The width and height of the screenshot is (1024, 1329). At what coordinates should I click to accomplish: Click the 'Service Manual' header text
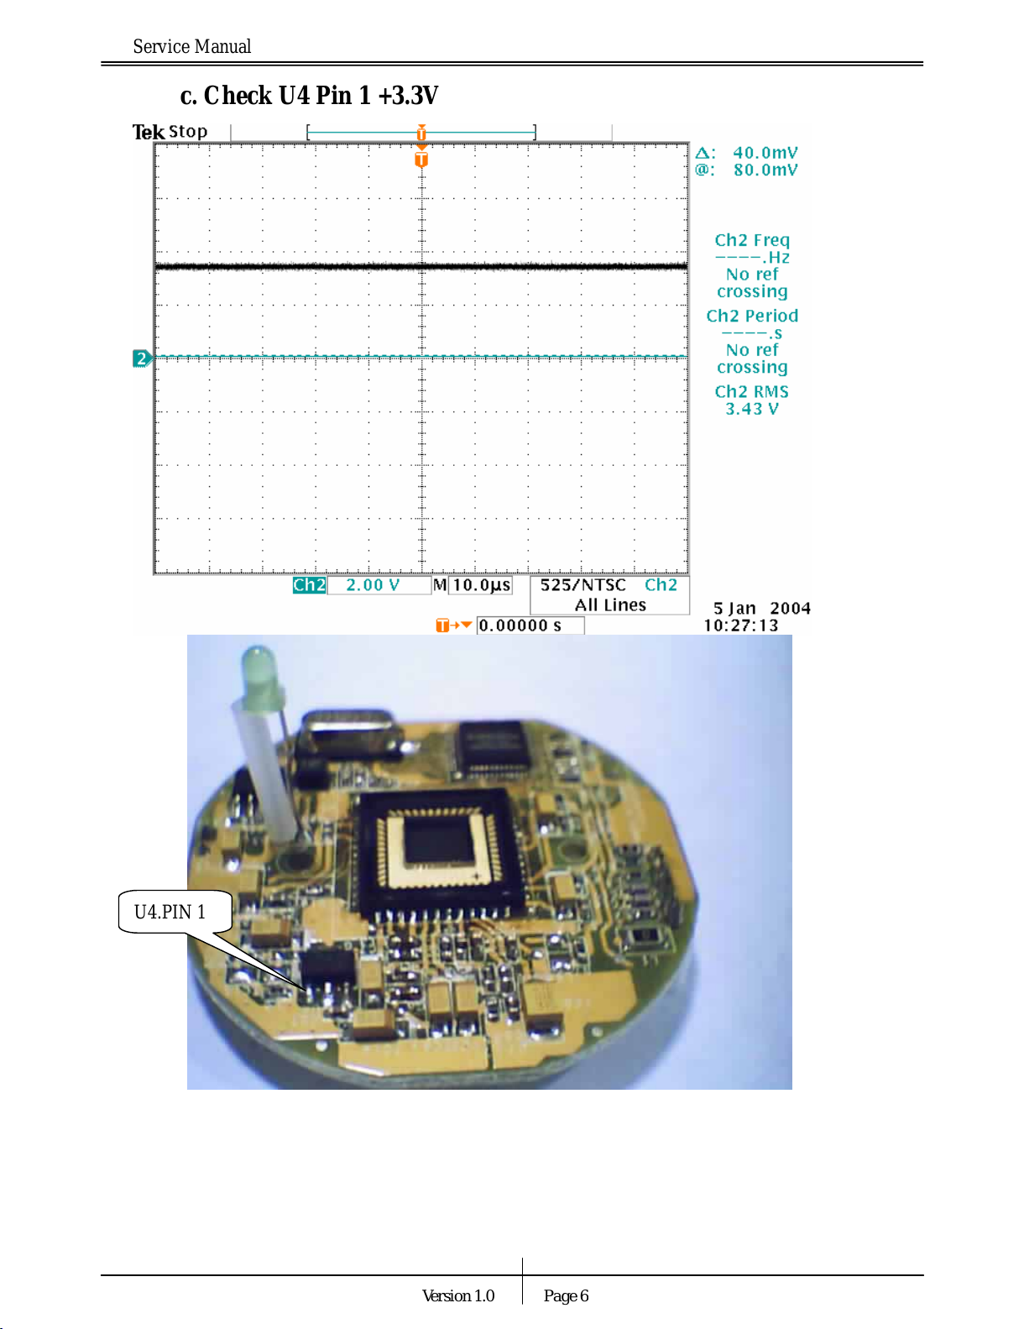(x=191, y=47)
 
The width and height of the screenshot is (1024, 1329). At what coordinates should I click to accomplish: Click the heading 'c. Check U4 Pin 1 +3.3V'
(x=309, y=96)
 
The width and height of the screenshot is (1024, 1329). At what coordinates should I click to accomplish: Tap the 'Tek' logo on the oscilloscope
(x=148, y=132)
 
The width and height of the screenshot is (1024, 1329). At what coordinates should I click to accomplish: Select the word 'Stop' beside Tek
(x=188, y=132)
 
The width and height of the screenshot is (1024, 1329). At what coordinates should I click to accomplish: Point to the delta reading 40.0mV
(x=765, y=153)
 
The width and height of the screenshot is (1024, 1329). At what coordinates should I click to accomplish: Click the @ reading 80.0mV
(x=765, y=170)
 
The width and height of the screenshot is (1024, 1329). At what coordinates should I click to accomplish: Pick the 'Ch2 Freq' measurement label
(x=752, y=241)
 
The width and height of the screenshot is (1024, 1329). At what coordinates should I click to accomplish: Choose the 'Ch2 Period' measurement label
(x=752, y=317)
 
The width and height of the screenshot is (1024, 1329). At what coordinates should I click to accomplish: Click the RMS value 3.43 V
(x=752, y=410)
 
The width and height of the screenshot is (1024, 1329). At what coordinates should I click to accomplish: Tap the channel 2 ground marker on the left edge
(x=142, y=358)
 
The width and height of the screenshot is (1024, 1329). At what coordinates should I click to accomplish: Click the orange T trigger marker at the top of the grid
(x=421, y=159)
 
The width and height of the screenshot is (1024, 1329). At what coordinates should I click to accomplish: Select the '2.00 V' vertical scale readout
(x=373, y=585)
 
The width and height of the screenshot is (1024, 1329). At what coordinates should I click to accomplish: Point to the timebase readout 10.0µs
(x=482, y=585)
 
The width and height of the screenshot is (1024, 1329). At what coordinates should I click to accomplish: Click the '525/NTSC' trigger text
(x=583, y=585)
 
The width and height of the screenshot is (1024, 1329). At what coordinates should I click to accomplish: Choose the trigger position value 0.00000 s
(x=520, y=625)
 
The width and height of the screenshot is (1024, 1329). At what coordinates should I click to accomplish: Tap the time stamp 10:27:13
(x=741, y=625)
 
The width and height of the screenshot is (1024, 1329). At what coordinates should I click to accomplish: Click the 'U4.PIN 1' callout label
(x=170, y=913)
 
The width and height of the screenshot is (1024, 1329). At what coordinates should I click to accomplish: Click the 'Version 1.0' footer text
(x=458, y=1296)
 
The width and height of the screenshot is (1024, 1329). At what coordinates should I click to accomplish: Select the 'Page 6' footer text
(x=566, y=1296)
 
